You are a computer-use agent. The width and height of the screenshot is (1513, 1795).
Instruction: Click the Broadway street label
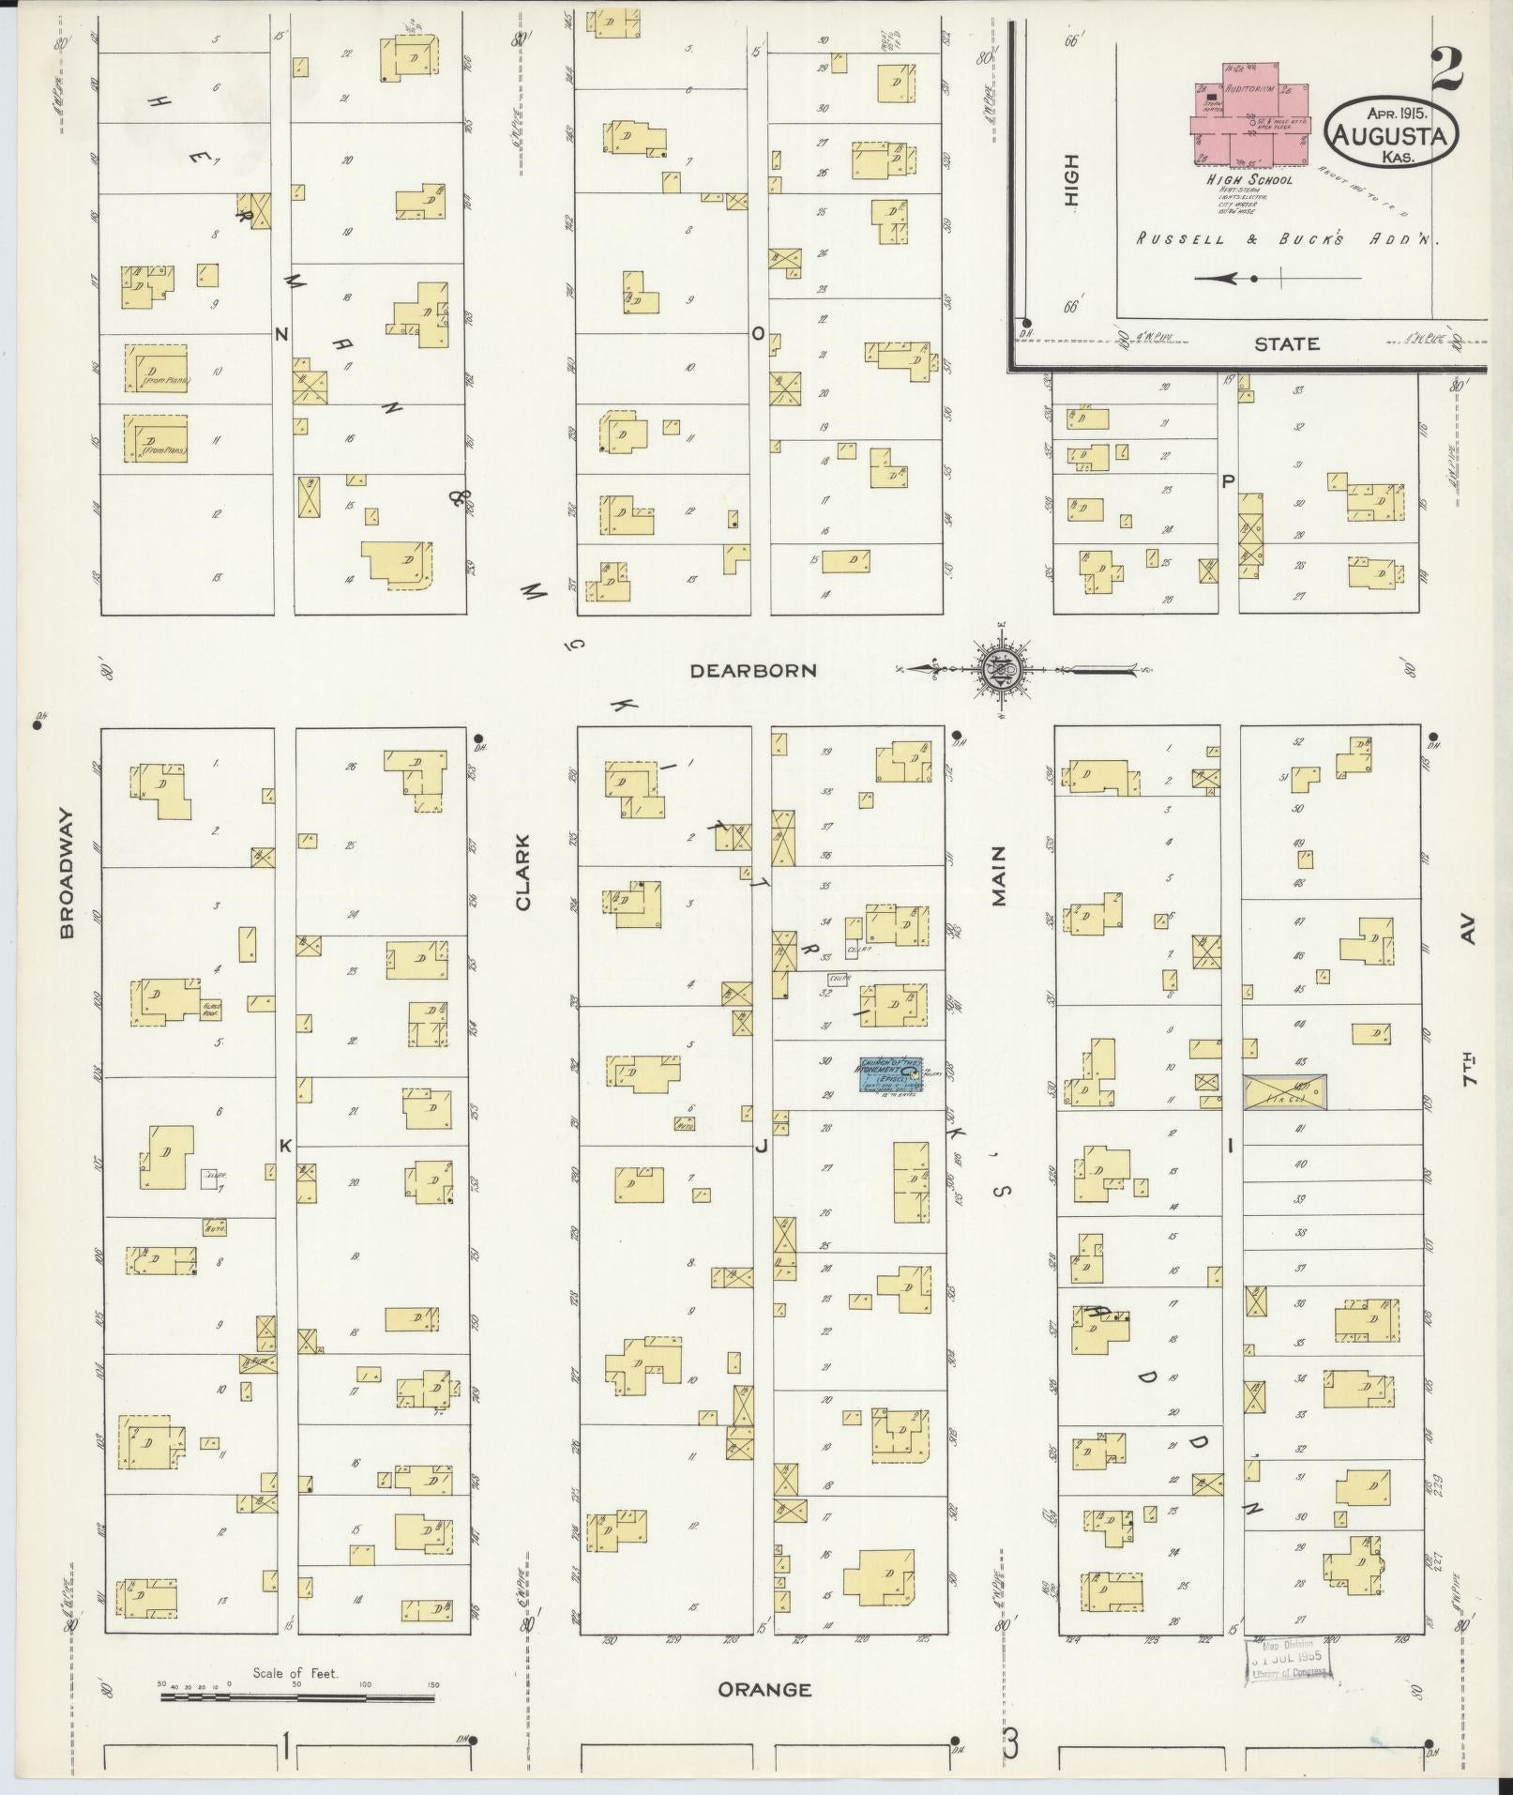coord(67,887)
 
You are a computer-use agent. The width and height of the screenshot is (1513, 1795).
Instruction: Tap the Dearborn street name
coord(753,671)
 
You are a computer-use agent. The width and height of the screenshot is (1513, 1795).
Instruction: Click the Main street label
coord(998,876)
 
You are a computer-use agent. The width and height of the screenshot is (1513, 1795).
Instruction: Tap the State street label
coord(1287,344)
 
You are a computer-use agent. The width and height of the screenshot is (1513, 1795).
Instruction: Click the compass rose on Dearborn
coord(999,669)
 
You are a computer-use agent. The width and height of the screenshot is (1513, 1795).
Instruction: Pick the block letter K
coord(285,1146)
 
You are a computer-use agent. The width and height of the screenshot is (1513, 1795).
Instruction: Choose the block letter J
coord(761,1145)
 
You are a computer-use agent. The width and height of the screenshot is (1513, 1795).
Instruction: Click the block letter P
coord(1228,481)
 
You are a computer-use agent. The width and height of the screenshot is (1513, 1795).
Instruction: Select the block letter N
coord(280,333)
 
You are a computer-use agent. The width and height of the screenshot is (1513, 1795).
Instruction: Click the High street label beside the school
coord(1071,180)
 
